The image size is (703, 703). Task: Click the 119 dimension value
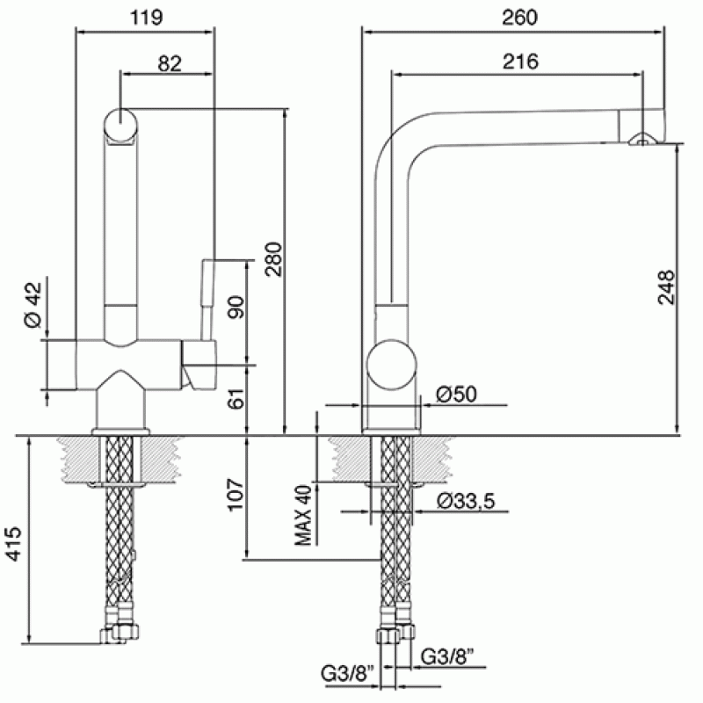coord(146,18)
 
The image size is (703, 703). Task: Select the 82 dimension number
coord(170,63)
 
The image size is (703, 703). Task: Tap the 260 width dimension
coord(519,18)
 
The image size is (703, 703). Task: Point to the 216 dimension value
coord(520,62)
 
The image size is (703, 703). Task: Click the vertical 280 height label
coord(273,259)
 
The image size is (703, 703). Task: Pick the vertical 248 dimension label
coord(666,287)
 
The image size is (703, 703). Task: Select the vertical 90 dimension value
coord(236,307)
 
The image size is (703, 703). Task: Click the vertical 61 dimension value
coord(236,398)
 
